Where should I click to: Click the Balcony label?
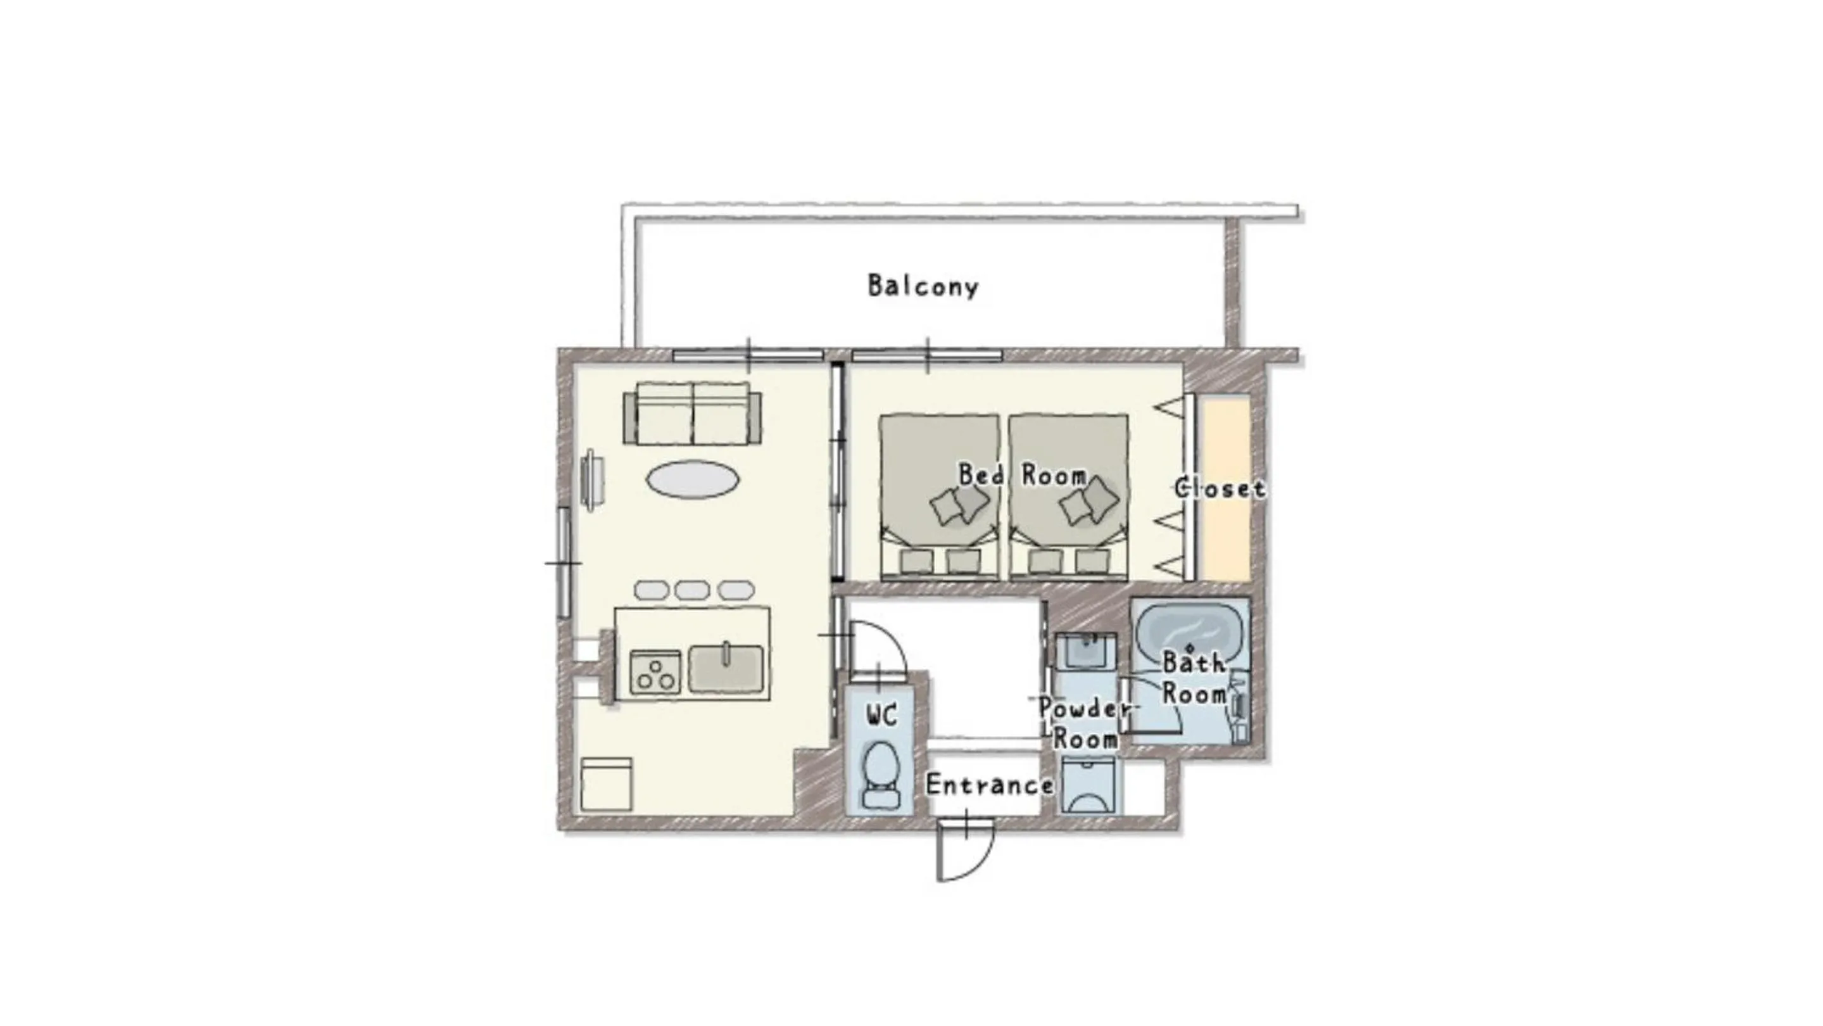pyautogui.click(x=923, y=286)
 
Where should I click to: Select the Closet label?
pyautogui.click(x=1220, y=488)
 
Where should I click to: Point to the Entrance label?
pyautogui.click(x=988, y=785)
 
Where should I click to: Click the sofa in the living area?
pyautogui.click(x=692, y=414)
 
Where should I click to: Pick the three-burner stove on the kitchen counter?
pyautogui.click(x=655, y=672)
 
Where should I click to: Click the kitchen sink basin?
pyautogui.click(x=726, y=669)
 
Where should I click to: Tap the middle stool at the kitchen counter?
pyautogui.click(x=691, y=590)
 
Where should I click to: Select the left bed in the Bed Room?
pyautogui.click(x=938, y=495)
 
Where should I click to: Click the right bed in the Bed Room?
pyautogui.click(x=1069, y=495)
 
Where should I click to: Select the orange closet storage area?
pyautogui.click(x=1227, y=488)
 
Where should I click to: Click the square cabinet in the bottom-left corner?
pyautogui.click(x=606, y=784)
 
